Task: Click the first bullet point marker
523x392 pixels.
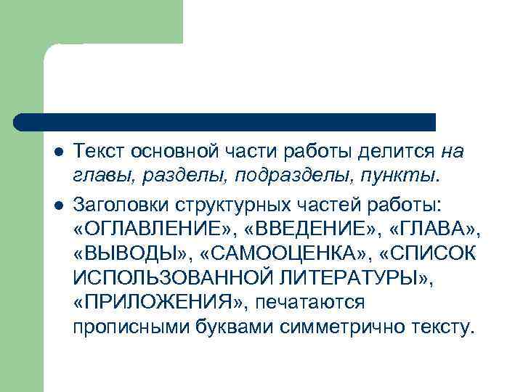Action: pos(58,152)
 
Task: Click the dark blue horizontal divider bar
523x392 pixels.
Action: pos(225,121)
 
